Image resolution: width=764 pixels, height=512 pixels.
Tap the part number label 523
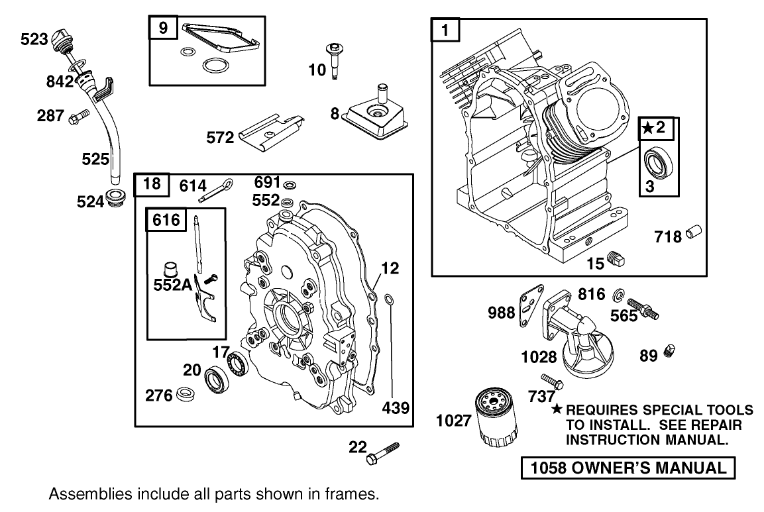pos(34,40)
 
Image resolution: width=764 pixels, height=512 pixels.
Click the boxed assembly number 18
pos(152,183)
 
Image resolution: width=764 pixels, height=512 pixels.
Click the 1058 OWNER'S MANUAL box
pos(628,468)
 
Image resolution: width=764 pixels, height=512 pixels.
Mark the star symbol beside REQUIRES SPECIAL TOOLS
pos(557,409)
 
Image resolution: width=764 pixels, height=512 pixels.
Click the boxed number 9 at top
pos(163,28)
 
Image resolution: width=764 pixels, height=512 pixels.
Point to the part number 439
pos(396,407)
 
